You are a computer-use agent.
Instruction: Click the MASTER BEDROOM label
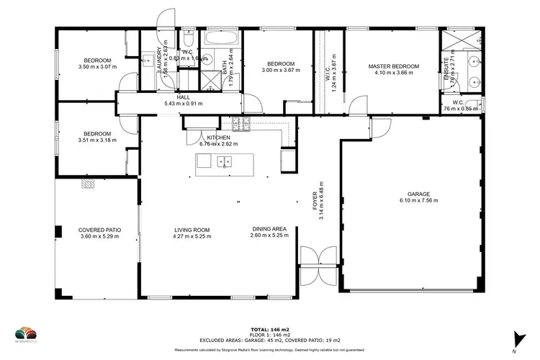(394, 66)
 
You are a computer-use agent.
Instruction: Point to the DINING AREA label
(269, 228)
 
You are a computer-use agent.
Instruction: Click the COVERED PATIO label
(99, 229)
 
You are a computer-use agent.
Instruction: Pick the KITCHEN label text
(218, 138)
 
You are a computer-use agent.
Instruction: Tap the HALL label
(183, 97)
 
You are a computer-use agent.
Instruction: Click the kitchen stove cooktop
(240, 126)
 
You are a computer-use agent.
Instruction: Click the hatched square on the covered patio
(87, 184)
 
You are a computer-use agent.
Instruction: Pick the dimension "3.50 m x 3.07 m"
(96, 67)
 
